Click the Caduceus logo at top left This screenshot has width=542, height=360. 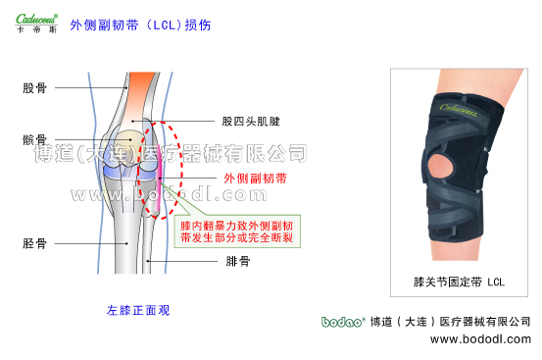pyautogui.click(x=35, y=18)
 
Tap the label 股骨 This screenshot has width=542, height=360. pyautogui.click(x=33, y=87)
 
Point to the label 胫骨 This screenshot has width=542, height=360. pyautogui.click(x=33, y=242)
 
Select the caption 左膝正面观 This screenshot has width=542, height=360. pyautogui.click(x=138, y=310)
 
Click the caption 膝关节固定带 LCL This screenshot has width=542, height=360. pyautogui.click(x=459, y=282)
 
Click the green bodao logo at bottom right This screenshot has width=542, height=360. pyautogui.click(x=342, y=321)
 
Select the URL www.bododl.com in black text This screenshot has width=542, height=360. pyautogui.click(x=480, y=339)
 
